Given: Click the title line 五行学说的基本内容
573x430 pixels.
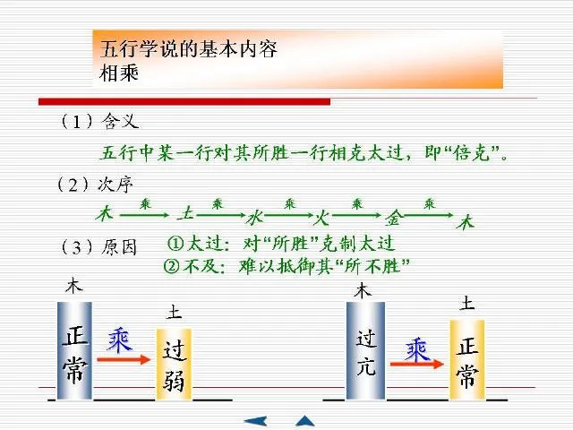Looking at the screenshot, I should (x=185, y=48).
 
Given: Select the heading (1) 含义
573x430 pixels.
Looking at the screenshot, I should (x=99, y=120).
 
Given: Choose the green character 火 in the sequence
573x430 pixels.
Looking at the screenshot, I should (x=323, y=217).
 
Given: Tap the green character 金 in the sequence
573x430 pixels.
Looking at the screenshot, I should (x=394, y=218).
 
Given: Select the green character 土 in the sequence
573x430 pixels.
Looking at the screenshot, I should (x=186, y=213).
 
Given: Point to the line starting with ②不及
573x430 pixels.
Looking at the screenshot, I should (x=286, y=265).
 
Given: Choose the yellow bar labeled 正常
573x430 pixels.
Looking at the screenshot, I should (x=466, y=358).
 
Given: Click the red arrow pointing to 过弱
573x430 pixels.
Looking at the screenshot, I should (x=123, y=358).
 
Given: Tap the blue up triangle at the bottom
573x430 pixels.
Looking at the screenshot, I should (x=305, y=419).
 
